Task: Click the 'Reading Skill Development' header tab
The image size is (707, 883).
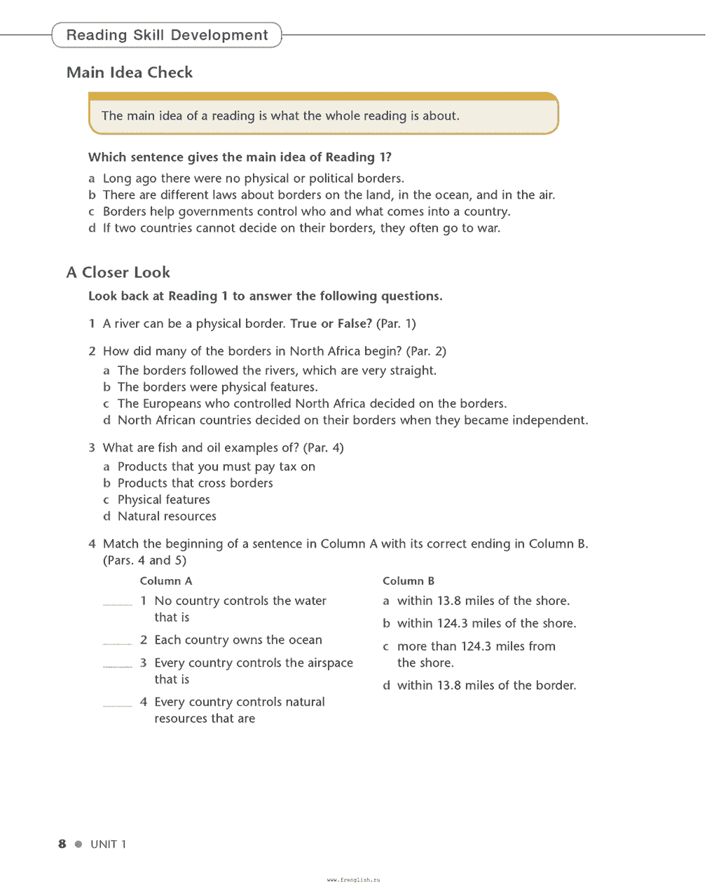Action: tap(167, 35)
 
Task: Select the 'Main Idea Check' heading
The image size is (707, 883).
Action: tap(130, 73)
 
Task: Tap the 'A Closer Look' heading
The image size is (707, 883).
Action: tap(118, 272)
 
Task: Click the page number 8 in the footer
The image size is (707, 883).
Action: tap(62, 844)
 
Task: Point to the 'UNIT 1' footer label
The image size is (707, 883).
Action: tap(109, 844)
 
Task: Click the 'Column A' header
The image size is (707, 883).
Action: tap(166, 581)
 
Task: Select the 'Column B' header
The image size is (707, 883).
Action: tap(409, 581)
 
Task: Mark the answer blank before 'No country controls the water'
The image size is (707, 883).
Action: tap(117, 603)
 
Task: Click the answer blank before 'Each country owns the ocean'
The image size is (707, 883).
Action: tap(117, 642)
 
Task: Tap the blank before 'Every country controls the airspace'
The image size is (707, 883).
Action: tap(117, 665)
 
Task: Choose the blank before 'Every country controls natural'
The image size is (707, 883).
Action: tap(117, 704)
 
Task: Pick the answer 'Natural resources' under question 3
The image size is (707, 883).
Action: tap(167, 516)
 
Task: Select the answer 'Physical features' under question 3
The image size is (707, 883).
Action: tap(164, 500)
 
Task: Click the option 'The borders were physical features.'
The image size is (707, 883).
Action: tap(217, 387)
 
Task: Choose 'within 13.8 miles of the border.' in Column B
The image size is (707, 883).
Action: tap(486, 686)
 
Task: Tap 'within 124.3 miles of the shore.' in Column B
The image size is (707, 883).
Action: tap(486, 623)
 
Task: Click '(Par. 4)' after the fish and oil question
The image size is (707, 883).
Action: tap(324, 447)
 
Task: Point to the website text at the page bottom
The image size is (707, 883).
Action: tap(353, 879)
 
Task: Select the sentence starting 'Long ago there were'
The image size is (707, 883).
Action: tap(253, 179)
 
